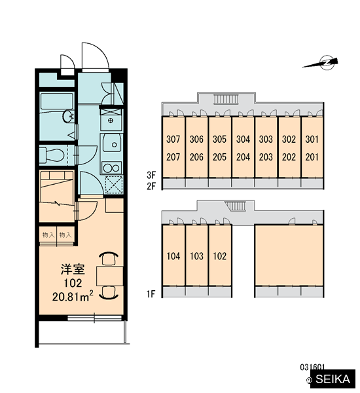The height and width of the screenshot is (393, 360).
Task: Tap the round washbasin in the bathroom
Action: (68, 117)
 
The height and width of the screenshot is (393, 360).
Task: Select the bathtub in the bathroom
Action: (57, 102)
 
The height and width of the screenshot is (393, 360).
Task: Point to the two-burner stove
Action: (111, 168)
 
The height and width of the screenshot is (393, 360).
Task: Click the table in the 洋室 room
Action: (110, 276)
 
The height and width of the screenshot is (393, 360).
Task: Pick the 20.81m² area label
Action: (73, 296)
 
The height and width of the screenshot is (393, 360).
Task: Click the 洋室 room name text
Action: (73, 269)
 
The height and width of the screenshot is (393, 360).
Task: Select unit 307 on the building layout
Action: (173, 139)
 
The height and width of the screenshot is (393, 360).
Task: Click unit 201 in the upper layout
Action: (312, 157)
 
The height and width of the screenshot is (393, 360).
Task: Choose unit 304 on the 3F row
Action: (243, 139)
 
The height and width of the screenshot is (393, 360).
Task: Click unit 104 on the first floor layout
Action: (173, 256)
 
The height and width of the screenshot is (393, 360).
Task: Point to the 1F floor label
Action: (151, 293)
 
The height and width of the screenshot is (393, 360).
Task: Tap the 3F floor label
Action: (151, 175)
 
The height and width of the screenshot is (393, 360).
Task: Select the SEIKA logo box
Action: (333, 379)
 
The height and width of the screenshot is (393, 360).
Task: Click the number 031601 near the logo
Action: (312, 367)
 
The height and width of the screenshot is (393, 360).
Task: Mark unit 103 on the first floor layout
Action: (196, 256)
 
